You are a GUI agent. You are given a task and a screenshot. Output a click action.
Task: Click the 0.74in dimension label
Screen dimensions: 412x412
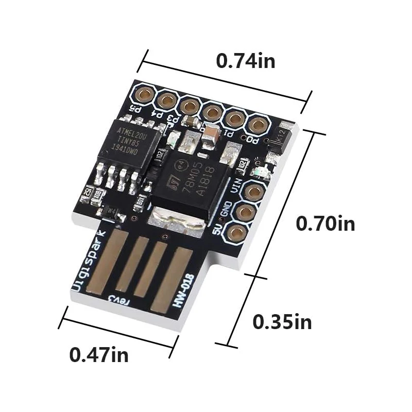(245, 61)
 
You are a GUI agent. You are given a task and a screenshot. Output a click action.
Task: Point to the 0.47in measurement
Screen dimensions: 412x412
(99, 354)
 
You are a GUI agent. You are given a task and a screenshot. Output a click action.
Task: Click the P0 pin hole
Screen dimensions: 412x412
(256, 124)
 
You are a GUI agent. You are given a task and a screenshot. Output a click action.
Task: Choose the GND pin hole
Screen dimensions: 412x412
(246, 212)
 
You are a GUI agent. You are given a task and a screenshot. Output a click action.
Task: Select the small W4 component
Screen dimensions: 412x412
(111, 211)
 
